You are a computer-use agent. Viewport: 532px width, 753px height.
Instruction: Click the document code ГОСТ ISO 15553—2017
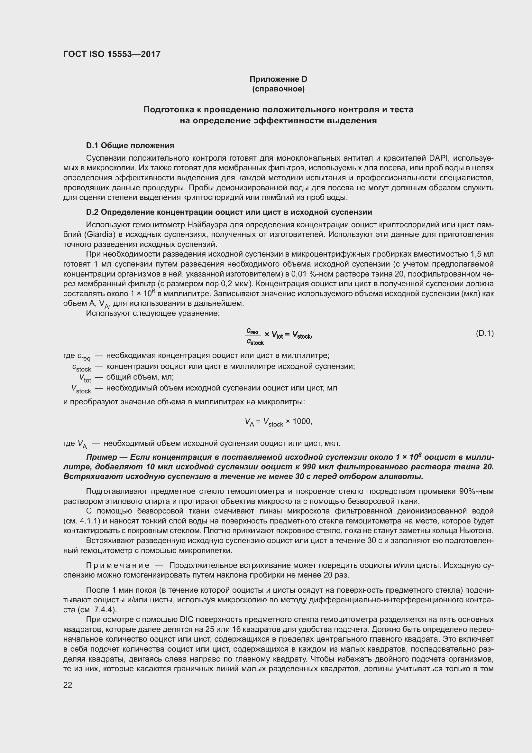(112, 54)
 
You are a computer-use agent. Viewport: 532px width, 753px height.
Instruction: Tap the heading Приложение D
(278, 79)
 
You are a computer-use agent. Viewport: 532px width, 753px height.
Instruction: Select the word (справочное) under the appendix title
(278, 89)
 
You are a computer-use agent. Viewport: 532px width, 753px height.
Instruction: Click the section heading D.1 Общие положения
(130, 145)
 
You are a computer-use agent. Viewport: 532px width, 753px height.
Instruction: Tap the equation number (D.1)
(484, 333)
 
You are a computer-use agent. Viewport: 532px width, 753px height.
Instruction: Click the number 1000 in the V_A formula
(301, 421)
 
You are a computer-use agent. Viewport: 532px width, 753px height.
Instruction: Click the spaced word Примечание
(118, 565)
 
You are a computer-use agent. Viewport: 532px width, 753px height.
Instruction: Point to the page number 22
(68, 685)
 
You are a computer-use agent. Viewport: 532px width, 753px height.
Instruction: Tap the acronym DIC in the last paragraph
(188, 619)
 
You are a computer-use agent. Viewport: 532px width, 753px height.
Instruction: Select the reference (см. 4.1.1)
(82, 521)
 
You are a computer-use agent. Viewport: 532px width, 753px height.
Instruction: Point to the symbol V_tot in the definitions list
(85, 378)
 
